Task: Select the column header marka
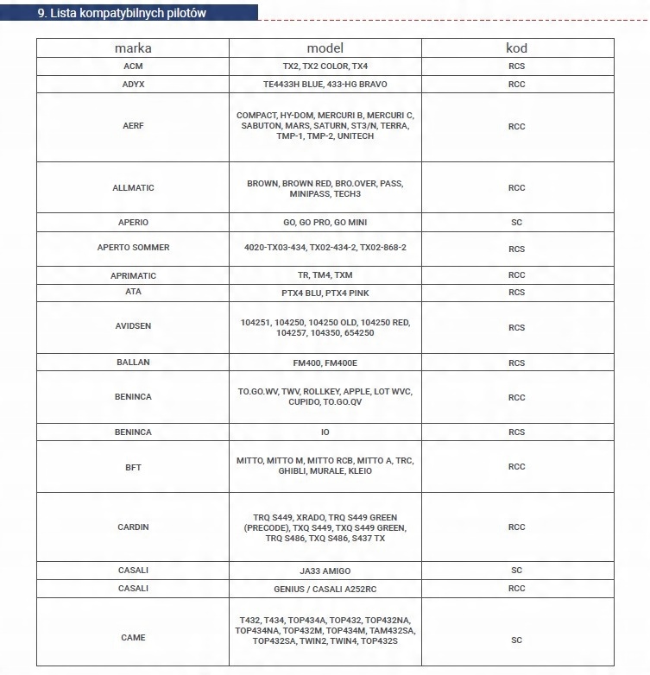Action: [x=133, y=48]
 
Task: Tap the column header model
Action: [x=325, y=48]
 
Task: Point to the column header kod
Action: [x=516, y=48]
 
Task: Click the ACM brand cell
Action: [x=133, y=66]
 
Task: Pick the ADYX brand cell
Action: [x=133, y=85]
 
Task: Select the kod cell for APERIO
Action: [x=516, y=223]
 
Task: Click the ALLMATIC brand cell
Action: [x=133, y=188]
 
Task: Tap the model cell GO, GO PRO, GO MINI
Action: [x=325, y=223]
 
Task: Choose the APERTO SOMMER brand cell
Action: [x=133, y=248]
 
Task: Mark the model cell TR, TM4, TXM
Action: [x=325, y=275]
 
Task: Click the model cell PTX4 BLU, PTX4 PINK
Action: [x=325, y=293]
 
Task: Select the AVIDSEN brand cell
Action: [x=133, y=328]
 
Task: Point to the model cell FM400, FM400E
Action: [x=325, y=363]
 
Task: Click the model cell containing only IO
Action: [x=325, y=432]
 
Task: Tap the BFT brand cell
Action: [x=133, y=467]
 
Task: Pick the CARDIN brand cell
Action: [x=133, y=527]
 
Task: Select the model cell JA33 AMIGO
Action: [x=325, y=571]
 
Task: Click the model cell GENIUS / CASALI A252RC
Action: [x=325, y=589]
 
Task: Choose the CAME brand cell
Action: [x=133, y=638]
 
